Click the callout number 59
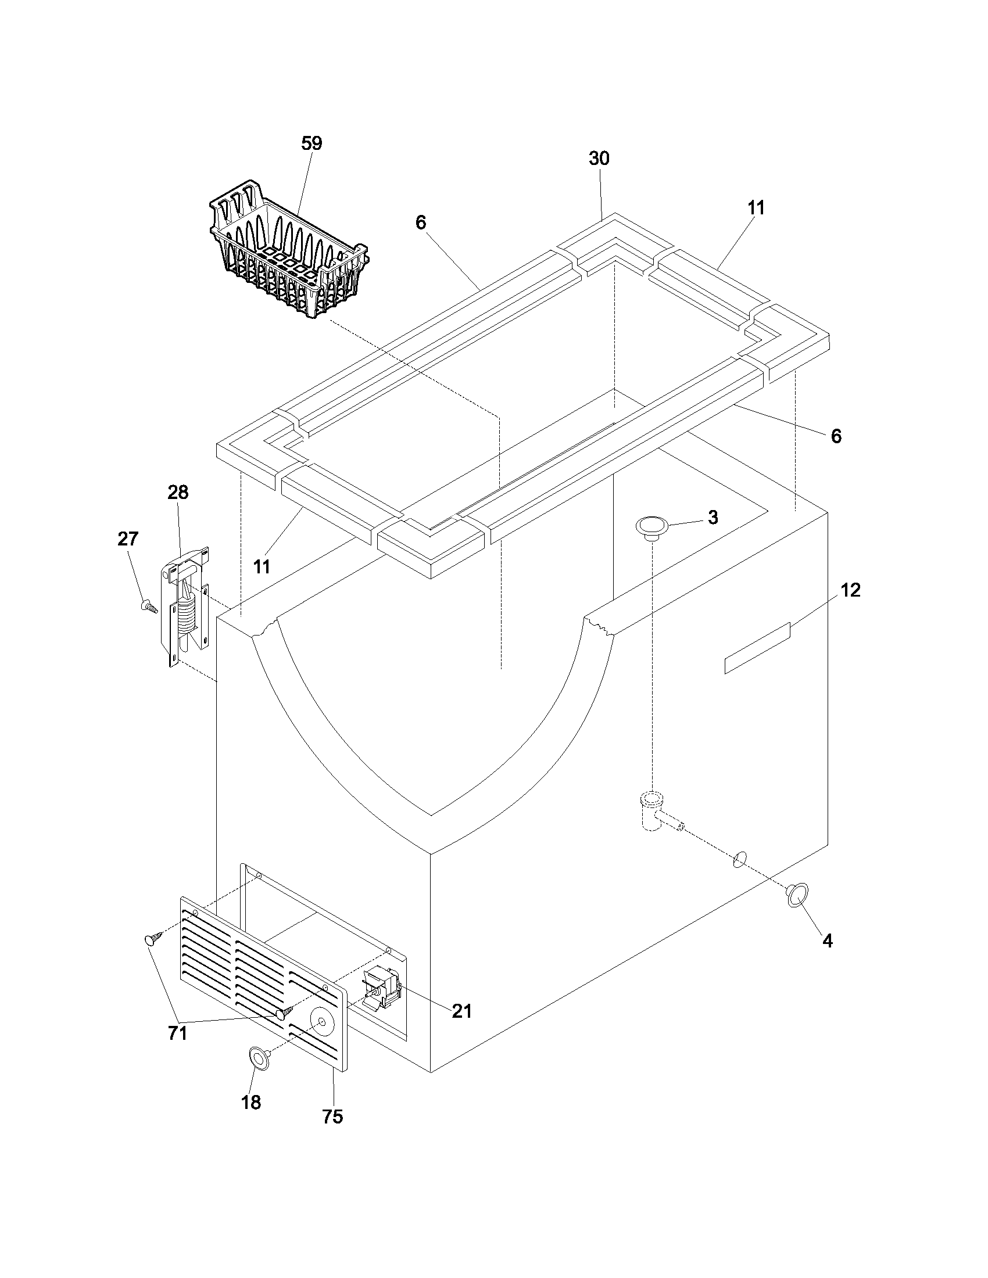[x=312, y=143]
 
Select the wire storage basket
[x=287, y=257]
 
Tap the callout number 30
[x=599, y=159]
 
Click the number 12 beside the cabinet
[x=850, y=590]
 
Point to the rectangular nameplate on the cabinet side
[x=757, y=648]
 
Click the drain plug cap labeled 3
[x=651, y=526]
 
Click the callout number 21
[x=461, y=1011]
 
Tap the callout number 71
[x=177, y=1033]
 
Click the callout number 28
[x=178, y=492]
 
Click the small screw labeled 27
[x=149, y=606]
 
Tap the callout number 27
[x=128, y=539]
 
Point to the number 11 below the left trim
[x=262, y=566]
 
